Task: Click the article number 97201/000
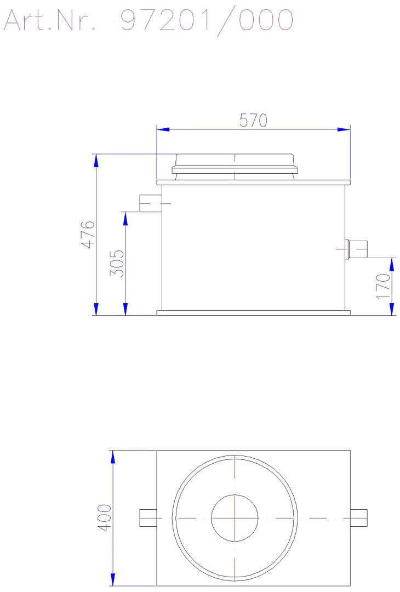click(x=207, y=21)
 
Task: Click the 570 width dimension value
click(x=253, y=121)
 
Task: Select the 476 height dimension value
click(x=88, y=235)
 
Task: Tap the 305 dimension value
click(x=117, y=263)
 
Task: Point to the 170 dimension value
click(x=383, y=286)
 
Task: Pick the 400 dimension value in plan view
click(x=105, y=517)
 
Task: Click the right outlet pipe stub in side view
click(x=356, y=249)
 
